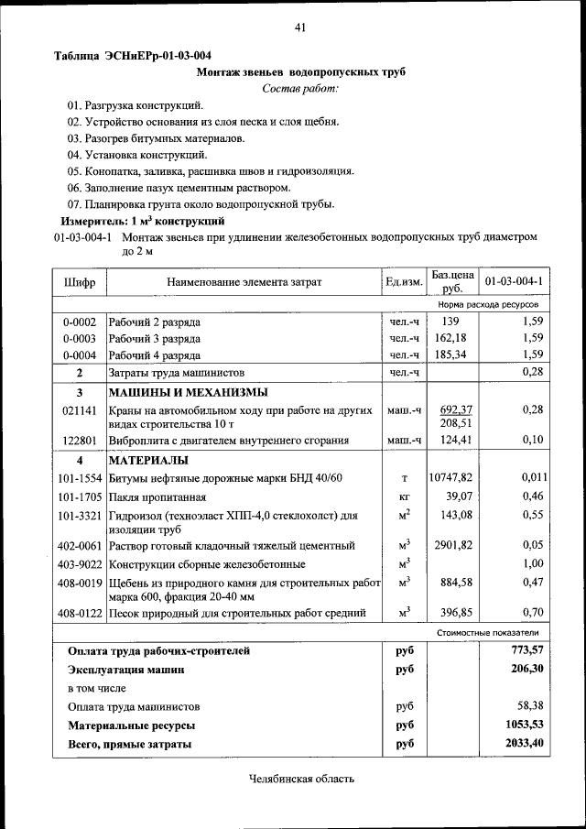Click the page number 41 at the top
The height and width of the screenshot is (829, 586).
click(x=299, y=27)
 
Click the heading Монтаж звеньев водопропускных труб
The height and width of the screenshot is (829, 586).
click(x=301, y=71)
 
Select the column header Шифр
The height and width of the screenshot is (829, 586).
click(x=80, y=282)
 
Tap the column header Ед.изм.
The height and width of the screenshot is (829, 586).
click(x=404, y=282)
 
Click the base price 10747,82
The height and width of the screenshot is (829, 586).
click(x=450, y=478)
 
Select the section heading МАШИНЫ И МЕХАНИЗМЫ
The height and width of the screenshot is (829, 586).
click(x=189, y=392)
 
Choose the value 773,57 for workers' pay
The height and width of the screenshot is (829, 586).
click(x=526, y=650)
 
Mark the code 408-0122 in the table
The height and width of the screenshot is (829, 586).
click(x=80, y=613)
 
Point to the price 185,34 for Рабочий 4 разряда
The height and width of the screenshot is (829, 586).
click(x=450, y=355)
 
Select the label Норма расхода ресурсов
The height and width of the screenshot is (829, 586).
click(x=487, y=303)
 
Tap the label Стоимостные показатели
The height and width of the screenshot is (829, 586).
click(x=487, y=632)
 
